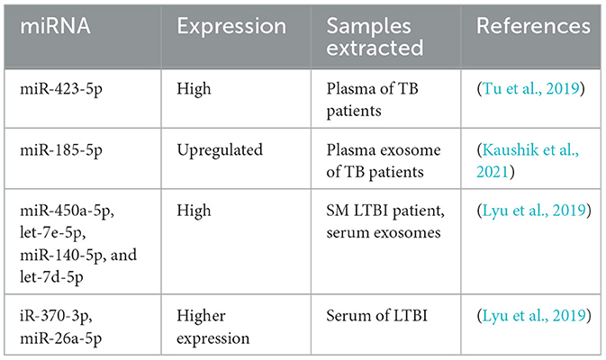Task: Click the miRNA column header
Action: click(x=55, y=26)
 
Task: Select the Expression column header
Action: click(x=231, y=27)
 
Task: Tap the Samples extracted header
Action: click(x=375, y=37)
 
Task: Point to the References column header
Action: click(x=533, y=26)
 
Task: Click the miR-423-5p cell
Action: click(x=61, y=89)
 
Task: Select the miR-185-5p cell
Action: click(x=61, y=150)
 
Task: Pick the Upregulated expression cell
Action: click(x=220, y=150)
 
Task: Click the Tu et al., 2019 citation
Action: click(x=531, y=89)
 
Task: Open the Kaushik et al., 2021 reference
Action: click(x=528, y=161)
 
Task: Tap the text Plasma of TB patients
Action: click(x=372, y=100)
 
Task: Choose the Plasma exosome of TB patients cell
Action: click(x=384, y=161)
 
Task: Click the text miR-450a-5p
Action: click(x=67, y=211)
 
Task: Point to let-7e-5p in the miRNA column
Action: click(x=52, y=233)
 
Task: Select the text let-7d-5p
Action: click(x=51, y=277)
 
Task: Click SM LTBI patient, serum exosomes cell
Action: click(x=385, y=221)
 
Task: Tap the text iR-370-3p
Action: click(x=56, y=317)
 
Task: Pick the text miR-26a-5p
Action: click(x=60, y=338)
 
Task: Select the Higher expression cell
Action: click(x=213, y=328)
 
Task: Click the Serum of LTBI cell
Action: click(x=376, y=316)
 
